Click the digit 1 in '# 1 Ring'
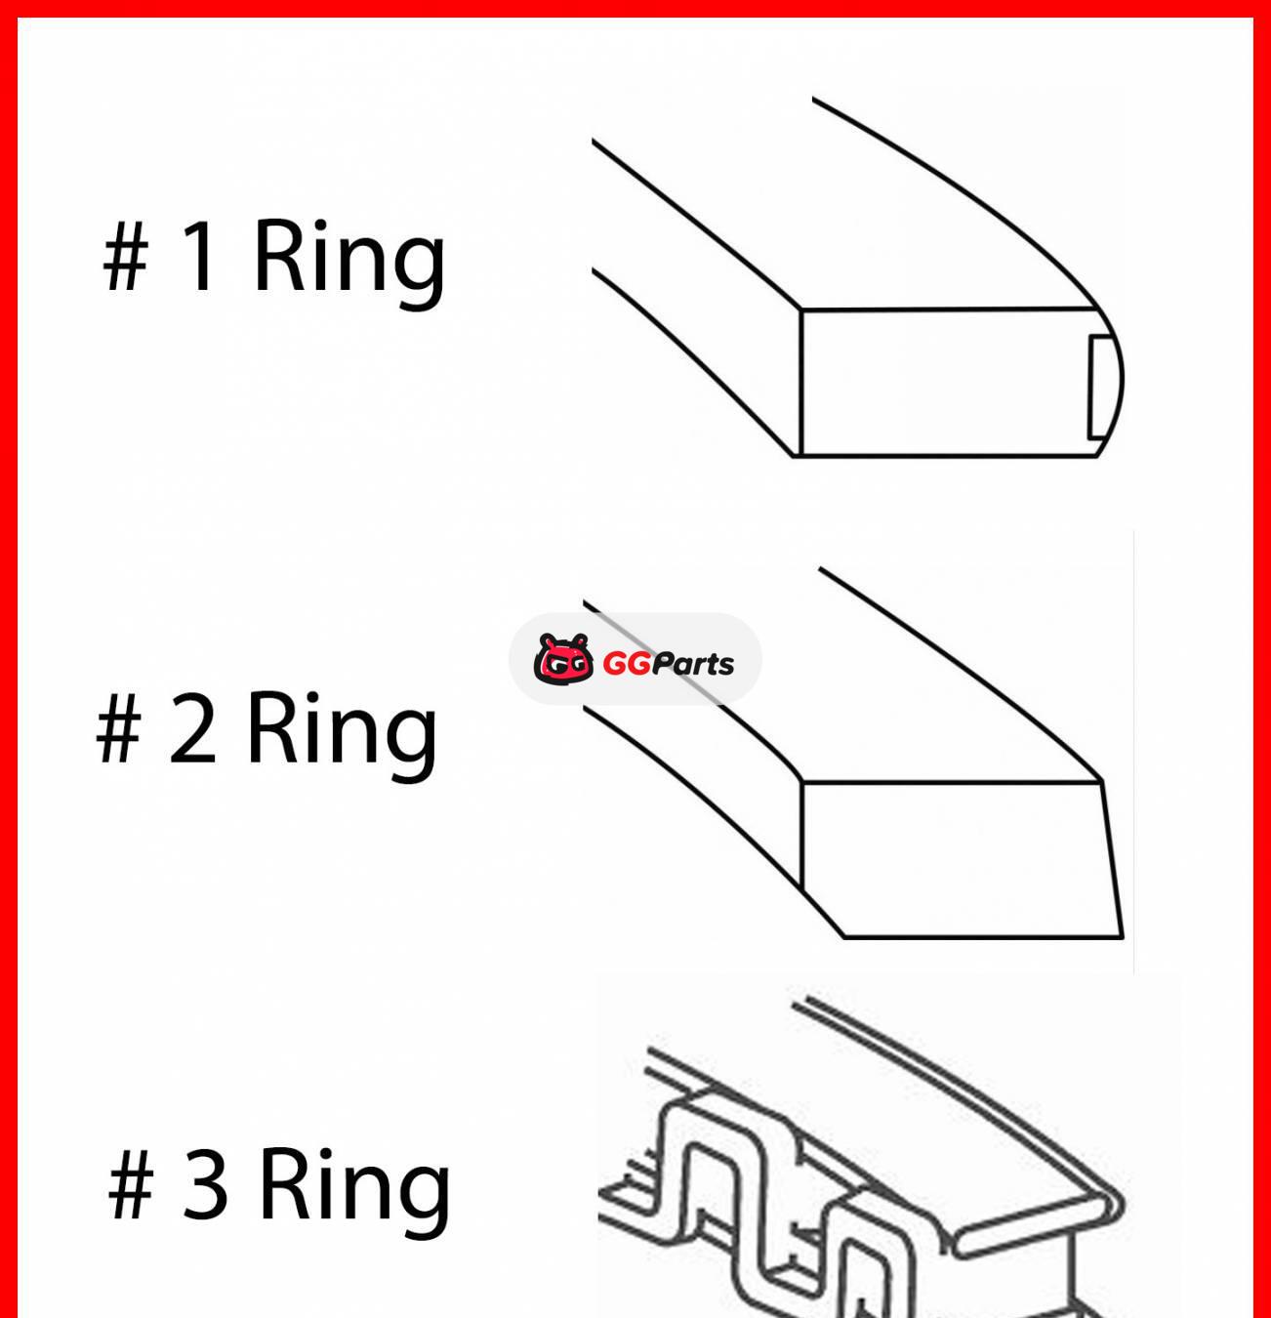pos(200,256)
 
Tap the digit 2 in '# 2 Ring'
pos(192,728)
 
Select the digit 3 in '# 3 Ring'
pos(206,1184)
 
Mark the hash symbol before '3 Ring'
pos(131,1185)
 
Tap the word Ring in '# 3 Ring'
pos(354,1185)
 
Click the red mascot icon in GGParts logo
pos(563,659)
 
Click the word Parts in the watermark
pos(693,664)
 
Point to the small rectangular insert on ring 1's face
pos(1100,387)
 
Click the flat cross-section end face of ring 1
pos(942,383)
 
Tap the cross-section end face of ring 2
pos(957,859)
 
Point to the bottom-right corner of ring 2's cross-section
pos(1122,935)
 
